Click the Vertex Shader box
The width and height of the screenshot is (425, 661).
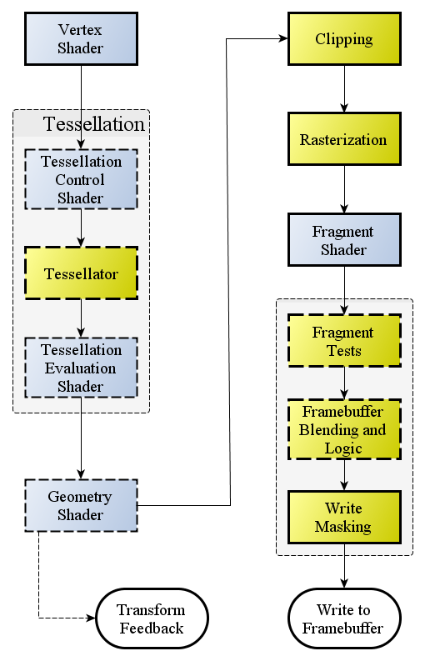coord(81,39)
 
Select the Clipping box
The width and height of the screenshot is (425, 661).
coord(344,39)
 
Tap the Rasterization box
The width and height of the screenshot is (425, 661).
coord(344,139)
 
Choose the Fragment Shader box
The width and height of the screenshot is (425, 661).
coord(344,240)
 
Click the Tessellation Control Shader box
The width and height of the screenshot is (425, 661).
coord(81,179)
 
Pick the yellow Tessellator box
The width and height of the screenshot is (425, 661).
coord(81,273)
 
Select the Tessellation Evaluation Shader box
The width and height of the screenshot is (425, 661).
coord(81,368)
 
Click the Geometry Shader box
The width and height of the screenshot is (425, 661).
coord(81,505)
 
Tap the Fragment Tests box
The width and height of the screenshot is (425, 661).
coord(344,341)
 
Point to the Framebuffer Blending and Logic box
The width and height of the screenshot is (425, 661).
coord(344,429)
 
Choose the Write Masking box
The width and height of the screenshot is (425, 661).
coord(344,518)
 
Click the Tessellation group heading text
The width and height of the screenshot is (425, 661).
coord(94,124)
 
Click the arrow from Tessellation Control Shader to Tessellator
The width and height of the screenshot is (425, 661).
coord(81,227)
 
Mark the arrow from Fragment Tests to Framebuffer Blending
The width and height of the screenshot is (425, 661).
coord(344,383)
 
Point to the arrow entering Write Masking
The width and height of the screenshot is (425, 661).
coord(344,474)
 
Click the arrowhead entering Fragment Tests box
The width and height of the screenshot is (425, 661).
coord(344,309)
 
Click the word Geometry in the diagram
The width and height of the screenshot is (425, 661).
coord(79,497)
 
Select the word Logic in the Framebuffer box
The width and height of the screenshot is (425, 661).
coord(344,448)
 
